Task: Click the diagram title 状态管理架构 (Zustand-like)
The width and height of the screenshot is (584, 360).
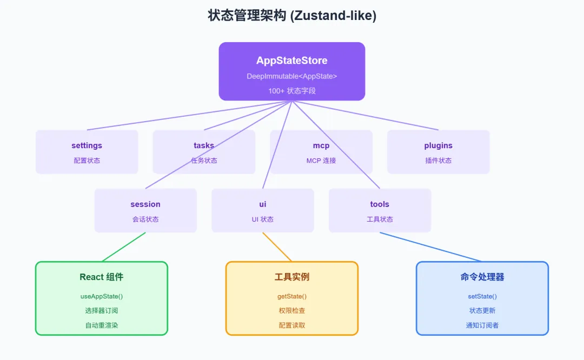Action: pyautogui.click(x=292, y=16)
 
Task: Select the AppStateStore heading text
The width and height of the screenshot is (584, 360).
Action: pyautogui.click(x=292, y=61)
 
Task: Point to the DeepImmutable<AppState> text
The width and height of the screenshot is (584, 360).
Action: pyautogui.click(x=292, y=76)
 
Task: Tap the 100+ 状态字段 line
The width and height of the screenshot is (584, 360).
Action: pyautogui.click(x=292, y=91)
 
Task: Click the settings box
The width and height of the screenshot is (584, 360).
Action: pyautogui.click(x=87, y=152)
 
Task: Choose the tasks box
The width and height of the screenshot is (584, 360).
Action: pyautogui.click(x=204, y=152)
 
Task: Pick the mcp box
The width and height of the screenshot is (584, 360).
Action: pyautogui.click(x=321, y=152)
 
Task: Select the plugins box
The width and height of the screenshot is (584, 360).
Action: pyautogui.click(x=439, y=152)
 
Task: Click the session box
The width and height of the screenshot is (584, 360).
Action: pyautogui.click(x=145, y=210)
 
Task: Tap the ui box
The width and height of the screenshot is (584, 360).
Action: pyautogui.click(x=263, y=210)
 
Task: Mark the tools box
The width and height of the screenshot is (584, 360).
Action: pyautogui.click(x=380, y=210)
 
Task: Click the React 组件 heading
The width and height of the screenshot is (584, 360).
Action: pyautogui.click(x=102, y=277)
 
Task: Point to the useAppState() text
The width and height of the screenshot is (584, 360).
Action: pyautogui.click(x=102, y=296)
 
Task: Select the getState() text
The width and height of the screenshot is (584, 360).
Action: pyautogui.click(x=292, y=296)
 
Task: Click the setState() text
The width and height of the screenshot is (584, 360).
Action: pyautogui.click(x=482, y=296)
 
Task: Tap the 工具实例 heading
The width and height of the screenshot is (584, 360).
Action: pyautogui.click(x=292, y=277)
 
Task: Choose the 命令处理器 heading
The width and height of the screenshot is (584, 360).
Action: pyautogui.click(x=482, y=277)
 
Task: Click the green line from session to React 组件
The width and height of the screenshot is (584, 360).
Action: pyautogui.click(x=124, y=247)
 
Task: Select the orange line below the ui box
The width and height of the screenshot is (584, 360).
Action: pyautogui.click(x=277, y=247)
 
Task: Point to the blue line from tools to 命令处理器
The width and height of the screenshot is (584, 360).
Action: pyautogui.click(x=431, y=247)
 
